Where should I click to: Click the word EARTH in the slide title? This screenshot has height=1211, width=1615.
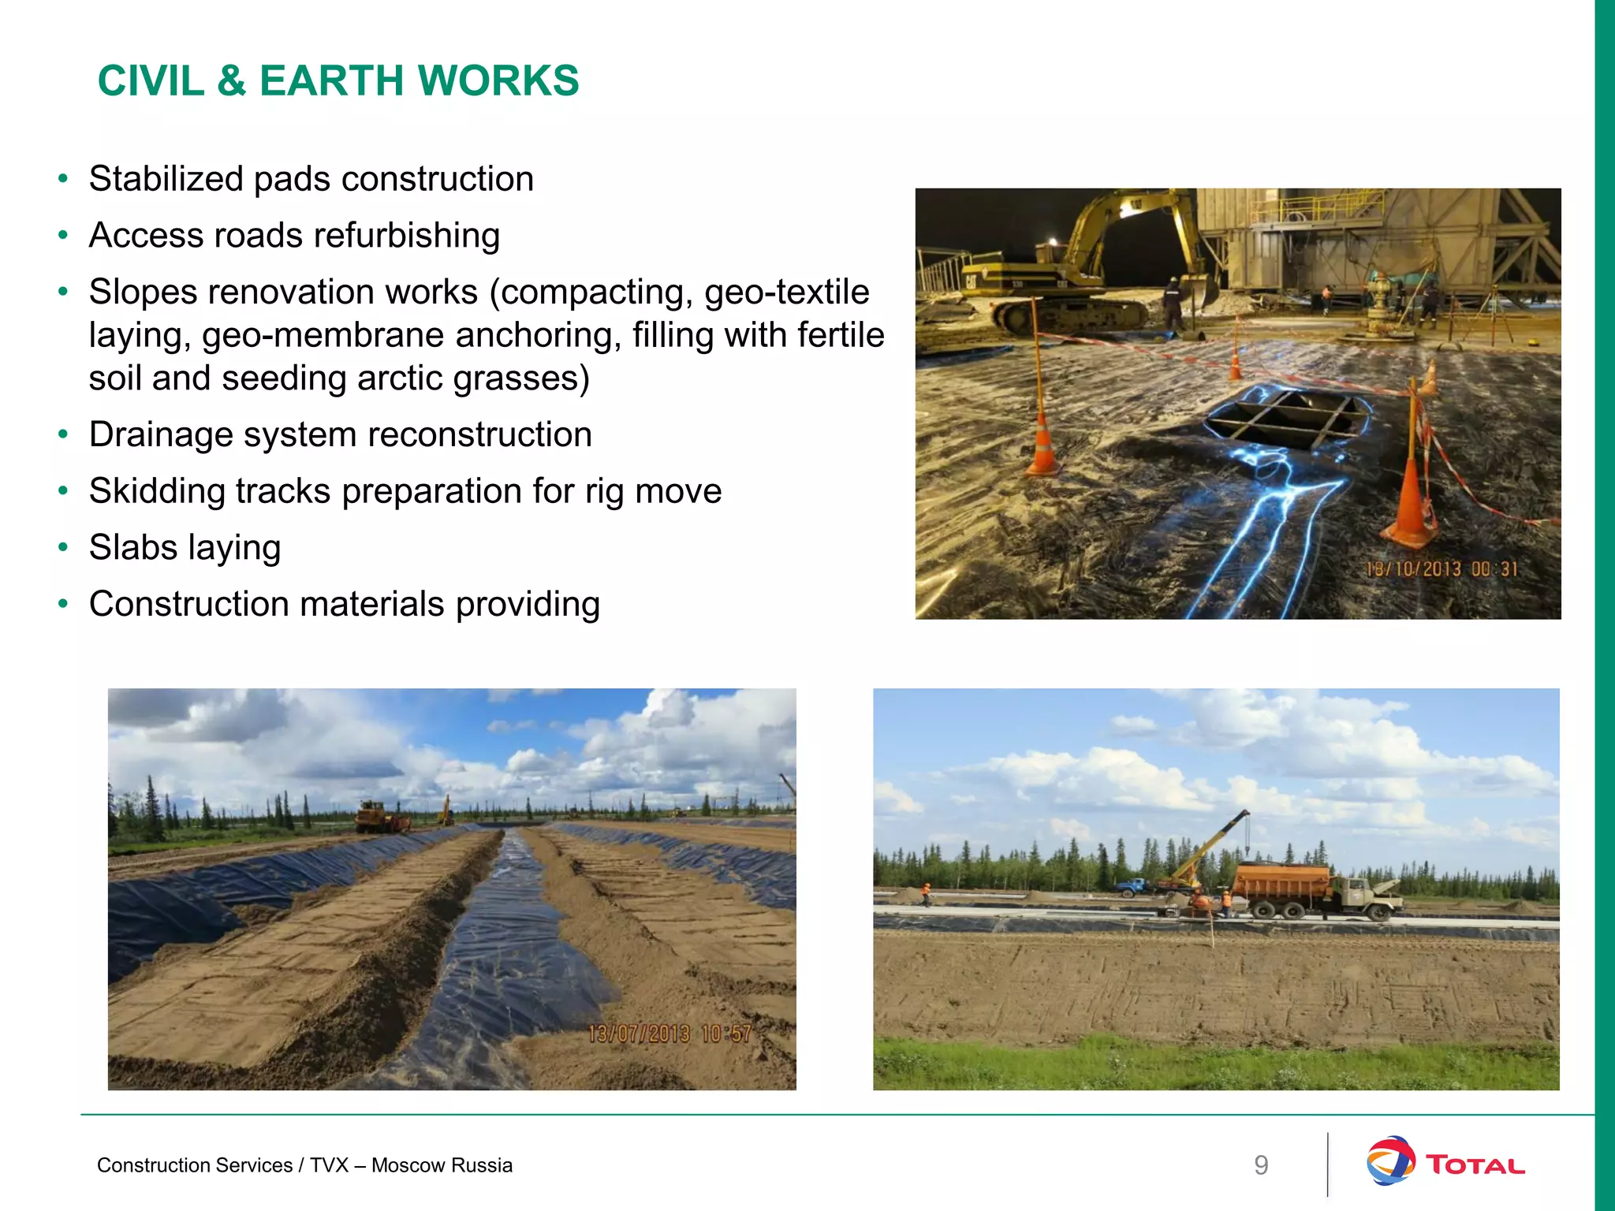[x=332, y=81]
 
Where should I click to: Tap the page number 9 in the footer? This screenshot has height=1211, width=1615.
[x=1261, y=1165]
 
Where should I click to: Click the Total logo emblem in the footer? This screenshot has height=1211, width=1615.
[x=1389, y=1161]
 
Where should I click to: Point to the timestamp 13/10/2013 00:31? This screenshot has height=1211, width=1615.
[x=1442, y=569]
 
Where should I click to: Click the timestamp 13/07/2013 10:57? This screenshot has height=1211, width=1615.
[x=669, y=1034]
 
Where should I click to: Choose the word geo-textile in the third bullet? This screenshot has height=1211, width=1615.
[x=786, y=292]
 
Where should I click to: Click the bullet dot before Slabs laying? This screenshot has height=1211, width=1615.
[x=63, y=548]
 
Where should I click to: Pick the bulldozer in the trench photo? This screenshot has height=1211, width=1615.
[x=379, y=818]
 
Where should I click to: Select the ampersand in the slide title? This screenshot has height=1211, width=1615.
[x=231, y=81]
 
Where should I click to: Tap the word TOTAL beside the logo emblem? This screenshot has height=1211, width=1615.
[x=1475, y=1165]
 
